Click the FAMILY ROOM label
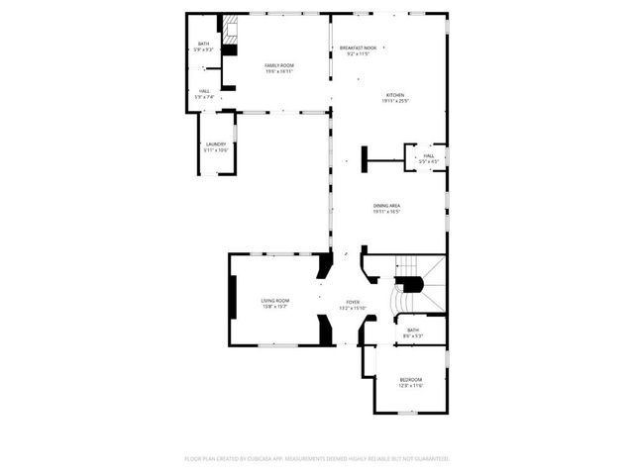pos(278,65)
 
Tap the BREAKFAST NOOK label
pos(358,47)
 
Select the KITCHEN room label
pos(395,95)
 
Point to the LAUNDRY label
pos(216,144)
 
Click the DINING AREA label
pos(386,206)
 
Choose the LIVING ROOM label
pos(274,301)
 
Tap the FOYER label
pos(353,302)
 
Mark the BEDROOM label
pos(410,380)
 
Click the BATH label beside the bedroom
pos(412,331)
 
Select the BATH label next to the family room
pos(203,44)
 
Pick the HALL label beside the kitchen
pos(429,155)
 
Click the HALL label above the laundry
pos(203,91)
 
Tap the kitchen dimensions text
pos(395,101)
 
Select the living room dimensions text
pos(274,307)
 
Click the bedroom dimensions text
pos(410,386)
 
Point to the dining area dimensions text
pos(386,212)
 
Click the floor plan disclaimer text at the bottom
pos(317,458)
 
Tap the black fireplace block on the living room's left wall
pos(233,298)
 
